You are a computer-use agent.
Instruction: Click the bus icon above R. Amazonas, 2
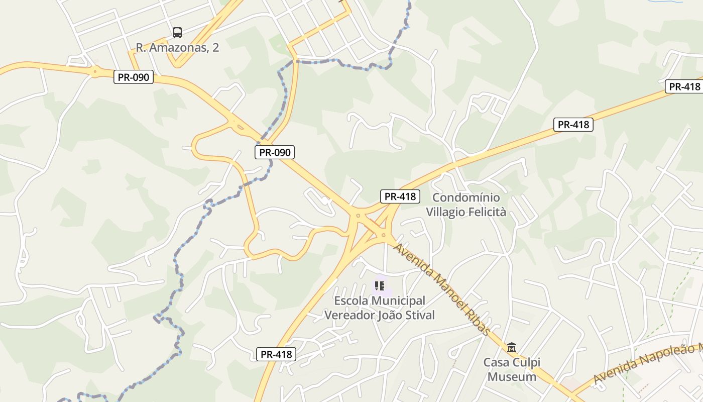pyautogui.click(x=177, y=33)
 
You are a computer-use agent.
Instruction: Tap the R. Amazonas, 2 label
pyautogui.click(x=177, y=48)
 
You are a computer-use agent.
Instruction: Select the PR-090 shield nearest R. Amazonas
pyautogui.click(x=133, y=77)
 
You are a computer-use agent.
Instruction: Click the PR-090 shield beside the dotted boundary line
pyautogui.click(x=274, y=152)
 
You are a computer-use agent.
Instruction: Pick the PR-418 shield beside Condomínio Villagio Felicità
pyautogui.click(x=400, y=196)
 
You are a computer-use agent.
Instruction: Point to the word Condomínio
pyautogui.click(x=466, y=197)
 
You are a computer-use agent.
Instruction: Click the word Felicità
pyautogui.click(x=488, y=212)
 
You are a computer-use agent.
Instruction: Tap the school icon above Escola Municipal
pyautogui.click(x=380, y=286)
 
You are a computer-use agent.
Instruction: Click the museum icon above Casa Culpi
pyautogui.click(x=512, y=347)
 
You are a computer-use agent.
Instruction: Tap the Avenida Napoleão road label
pyautogui.click(x=648, y=364)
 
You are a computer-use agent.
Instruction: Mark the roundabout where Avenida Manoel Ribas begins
pyautogui.click(x=383, y=235)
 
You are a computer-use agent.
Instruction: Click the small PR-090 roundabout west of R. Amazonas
pyautogui.click(x=94, y=71)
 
